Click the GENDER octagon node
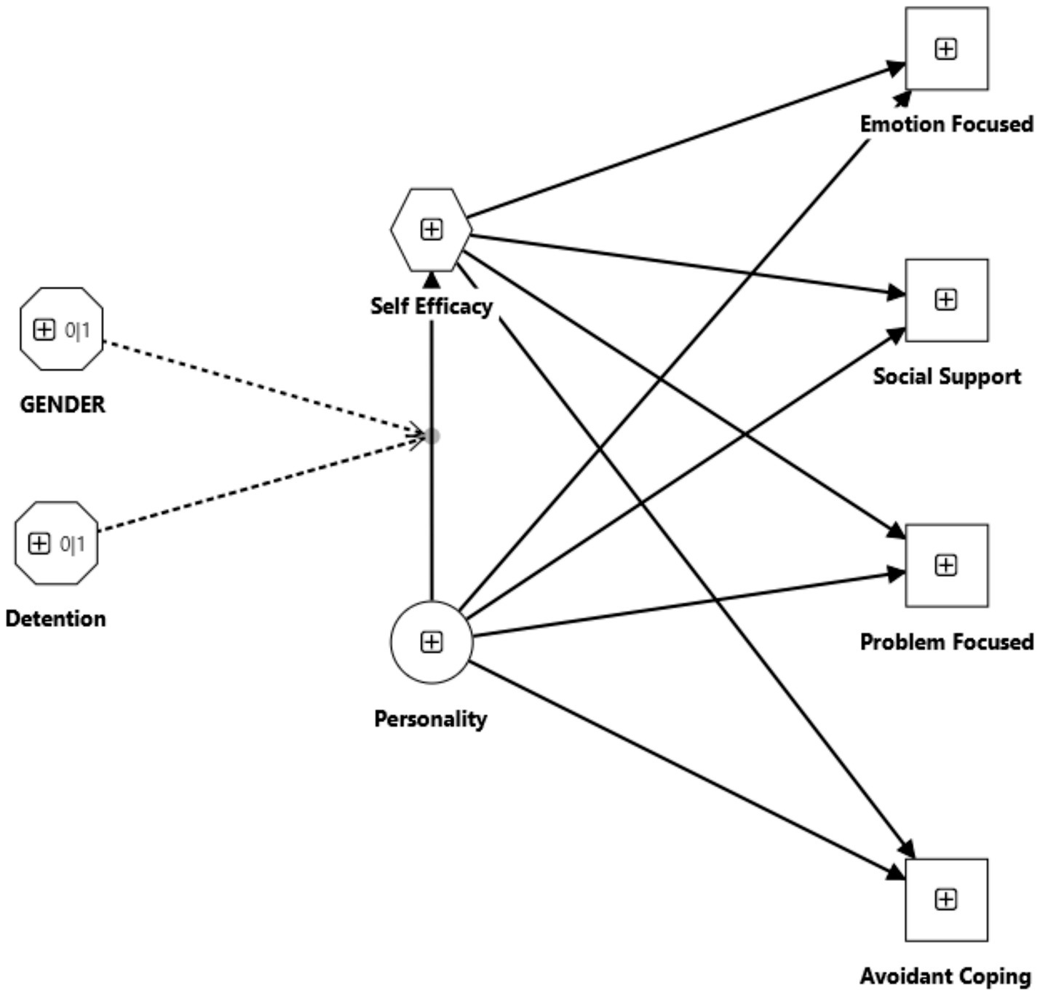pyautogui.click(x=62, y=329)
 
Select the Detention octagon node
pyautogui.click(x=56, y=543)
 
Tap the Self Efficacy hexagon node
pyautogui.click(x=432, y=229)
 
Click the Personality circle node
pyautogui.click(x=432, y=641)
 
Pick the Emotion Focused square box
pyautogui.click(x=946, y=49)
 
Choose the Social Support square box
pyautogui.click(x=946, y=299)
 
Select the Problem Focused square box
pyautogui.click(x=946, y=565)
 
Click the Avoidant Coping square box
pyautogui.click(x=946, y=900)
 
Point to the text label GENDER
pyautogui.click(x=63, y=404)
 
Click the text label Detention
pyautogui.click(x=56, y=618)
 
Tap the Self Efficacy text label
pyautogui.click(x=432, y=306)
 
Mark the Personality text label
pyautogui.click(x=430, y=719)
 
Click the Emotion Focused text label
pyautogui.click(x=946, y=124)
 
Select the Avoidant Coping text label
pyautogui.click(x=945, y=976)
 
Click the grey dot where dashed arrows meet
pyautogui.click(x=432, y=435)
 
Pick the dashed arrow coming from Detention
pyautogui.click(x=262, y=483)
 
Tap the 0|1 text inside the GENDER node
pyautogui.click(x=77, y=331)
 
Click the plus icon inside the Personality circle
pyautogui.click(x=432, y=641)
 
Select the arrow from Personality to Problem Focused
pyautogui.click(x=684, y=605)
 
